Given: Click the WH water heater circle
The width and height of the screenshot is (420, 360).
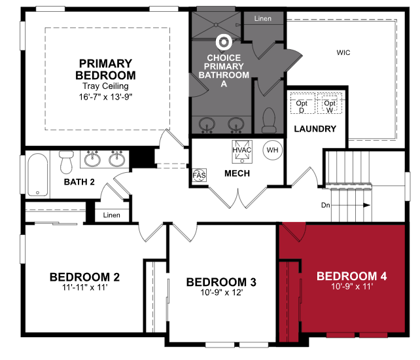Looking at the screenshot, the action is pos(272,150).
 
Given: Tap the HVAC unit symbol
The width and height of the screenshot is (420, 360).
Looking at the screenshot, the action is pos(242,152).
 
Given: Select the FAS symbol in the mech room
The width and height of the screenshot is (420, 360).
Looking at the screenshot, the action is pos(200,175).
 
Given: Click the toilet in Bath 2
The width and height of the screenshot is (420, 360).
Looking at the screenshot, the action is pos(66,162).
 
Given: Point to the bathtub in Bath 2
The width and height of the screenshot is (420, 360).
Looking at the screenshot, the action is pos(38,175).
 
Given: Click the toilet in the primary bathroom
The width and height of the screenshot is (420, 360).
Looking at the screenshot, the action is pos(269,120).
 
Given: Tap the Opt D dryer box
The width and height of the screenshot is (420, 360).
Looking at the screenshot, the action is pos(302,103).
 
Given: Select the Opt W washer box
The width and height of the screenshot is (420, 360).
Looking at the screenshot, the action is pos(330,103).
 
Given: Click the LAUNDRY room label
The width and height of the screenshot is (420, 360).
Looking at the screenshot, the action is pos(315,129).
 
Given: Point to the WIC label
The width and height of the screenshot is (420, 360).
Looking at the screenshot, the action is pos(343,52).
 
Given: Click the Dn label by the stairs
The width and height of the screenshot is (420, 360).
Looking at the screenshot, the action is pos(325,206).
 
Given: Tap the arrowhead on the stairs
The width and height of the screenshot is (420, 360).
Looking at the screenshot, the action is pos(367,206).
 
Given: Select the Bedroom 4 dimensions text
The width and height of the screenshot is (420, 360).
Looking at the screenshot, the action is pos(352,287).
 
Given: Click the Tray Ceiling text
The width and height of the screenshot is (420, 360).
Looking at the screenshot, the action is pos(105,86).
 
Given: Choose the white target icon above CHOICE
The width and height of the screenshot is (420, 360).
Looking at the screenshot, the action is pos(224,42).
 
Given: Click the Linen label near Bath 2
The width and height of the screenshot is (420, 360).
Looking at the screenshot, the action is pos(111,215).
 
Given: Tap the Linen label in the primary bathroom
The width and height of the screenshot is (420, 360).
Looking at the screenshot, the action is pos(263,18).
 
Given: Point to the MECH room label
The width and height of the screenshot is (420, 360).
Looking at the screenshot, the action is pos(237,173).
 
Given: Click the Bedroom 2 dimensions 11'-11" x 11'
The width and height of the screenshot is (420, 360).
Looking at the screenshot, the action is pos(84,287).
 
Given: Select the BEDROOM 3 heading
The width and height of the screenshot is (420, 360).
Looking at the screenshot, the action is pos(221,282).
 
